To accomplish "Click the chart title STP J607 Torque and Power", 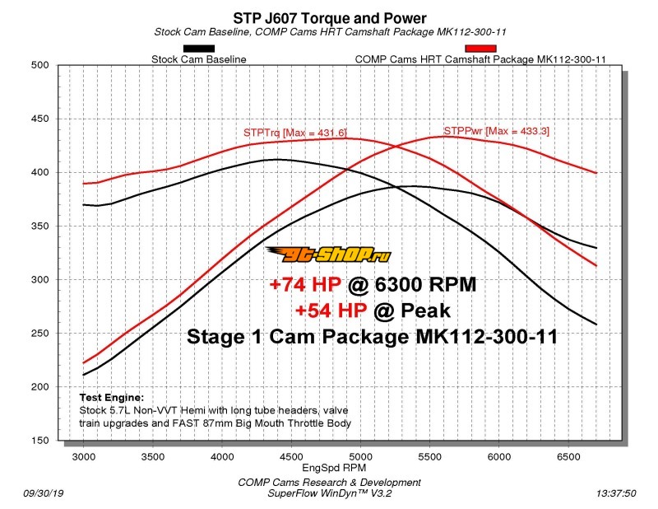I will tap(329, 16).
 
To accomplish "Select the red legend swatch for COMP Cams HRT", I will tap(480, 49).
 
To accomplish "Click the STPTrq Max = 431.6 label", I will tap(295, 132).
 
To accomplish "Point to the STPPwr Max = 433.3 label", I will tap(496, 130).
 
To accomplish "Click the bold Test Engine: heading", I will tap(111, 397).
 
